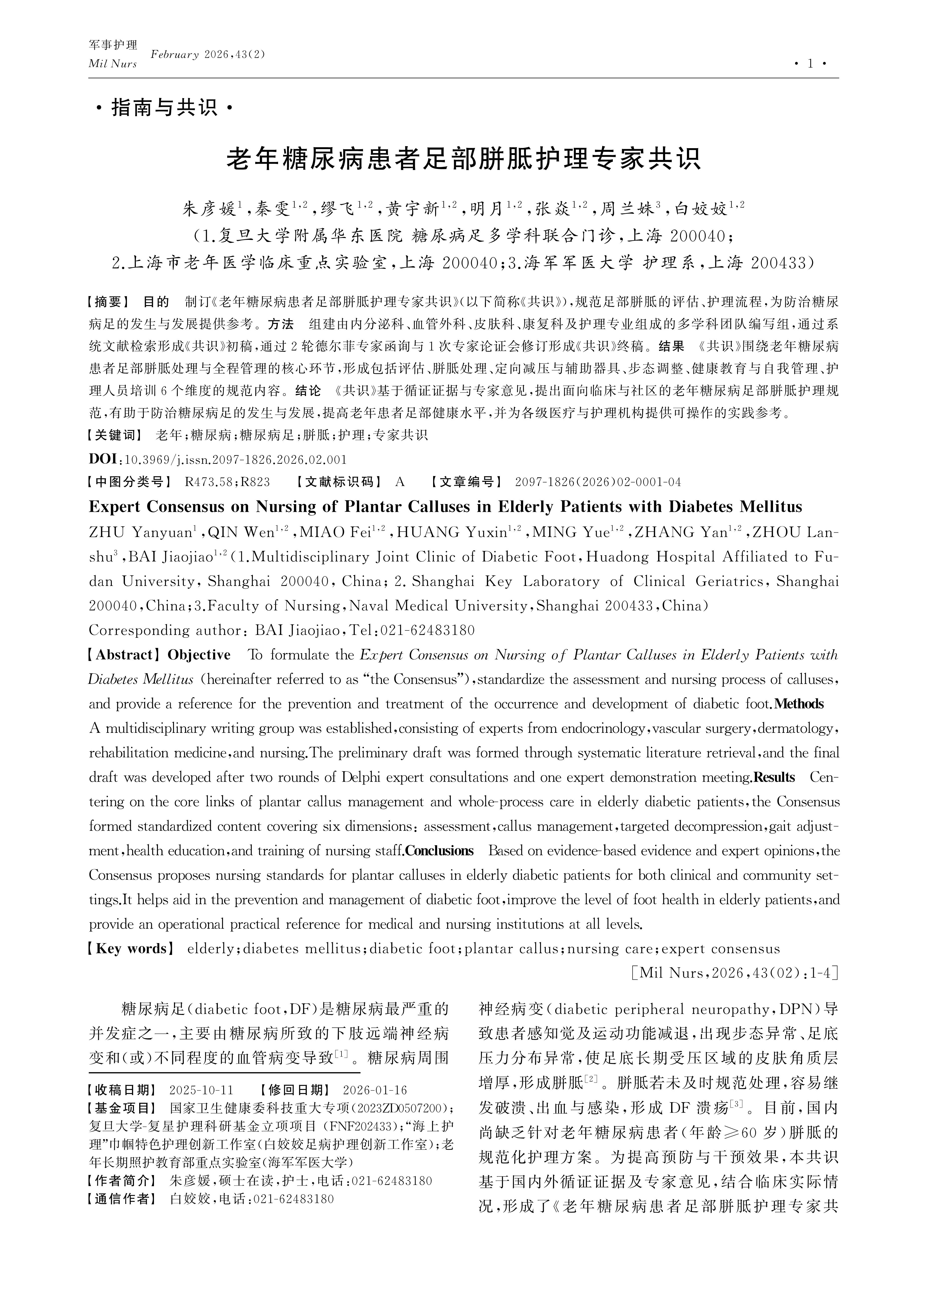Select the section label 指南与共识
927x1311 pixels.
(x=164, y=107)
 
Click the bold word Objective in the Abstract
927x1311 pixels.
(x=199, y=655)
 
